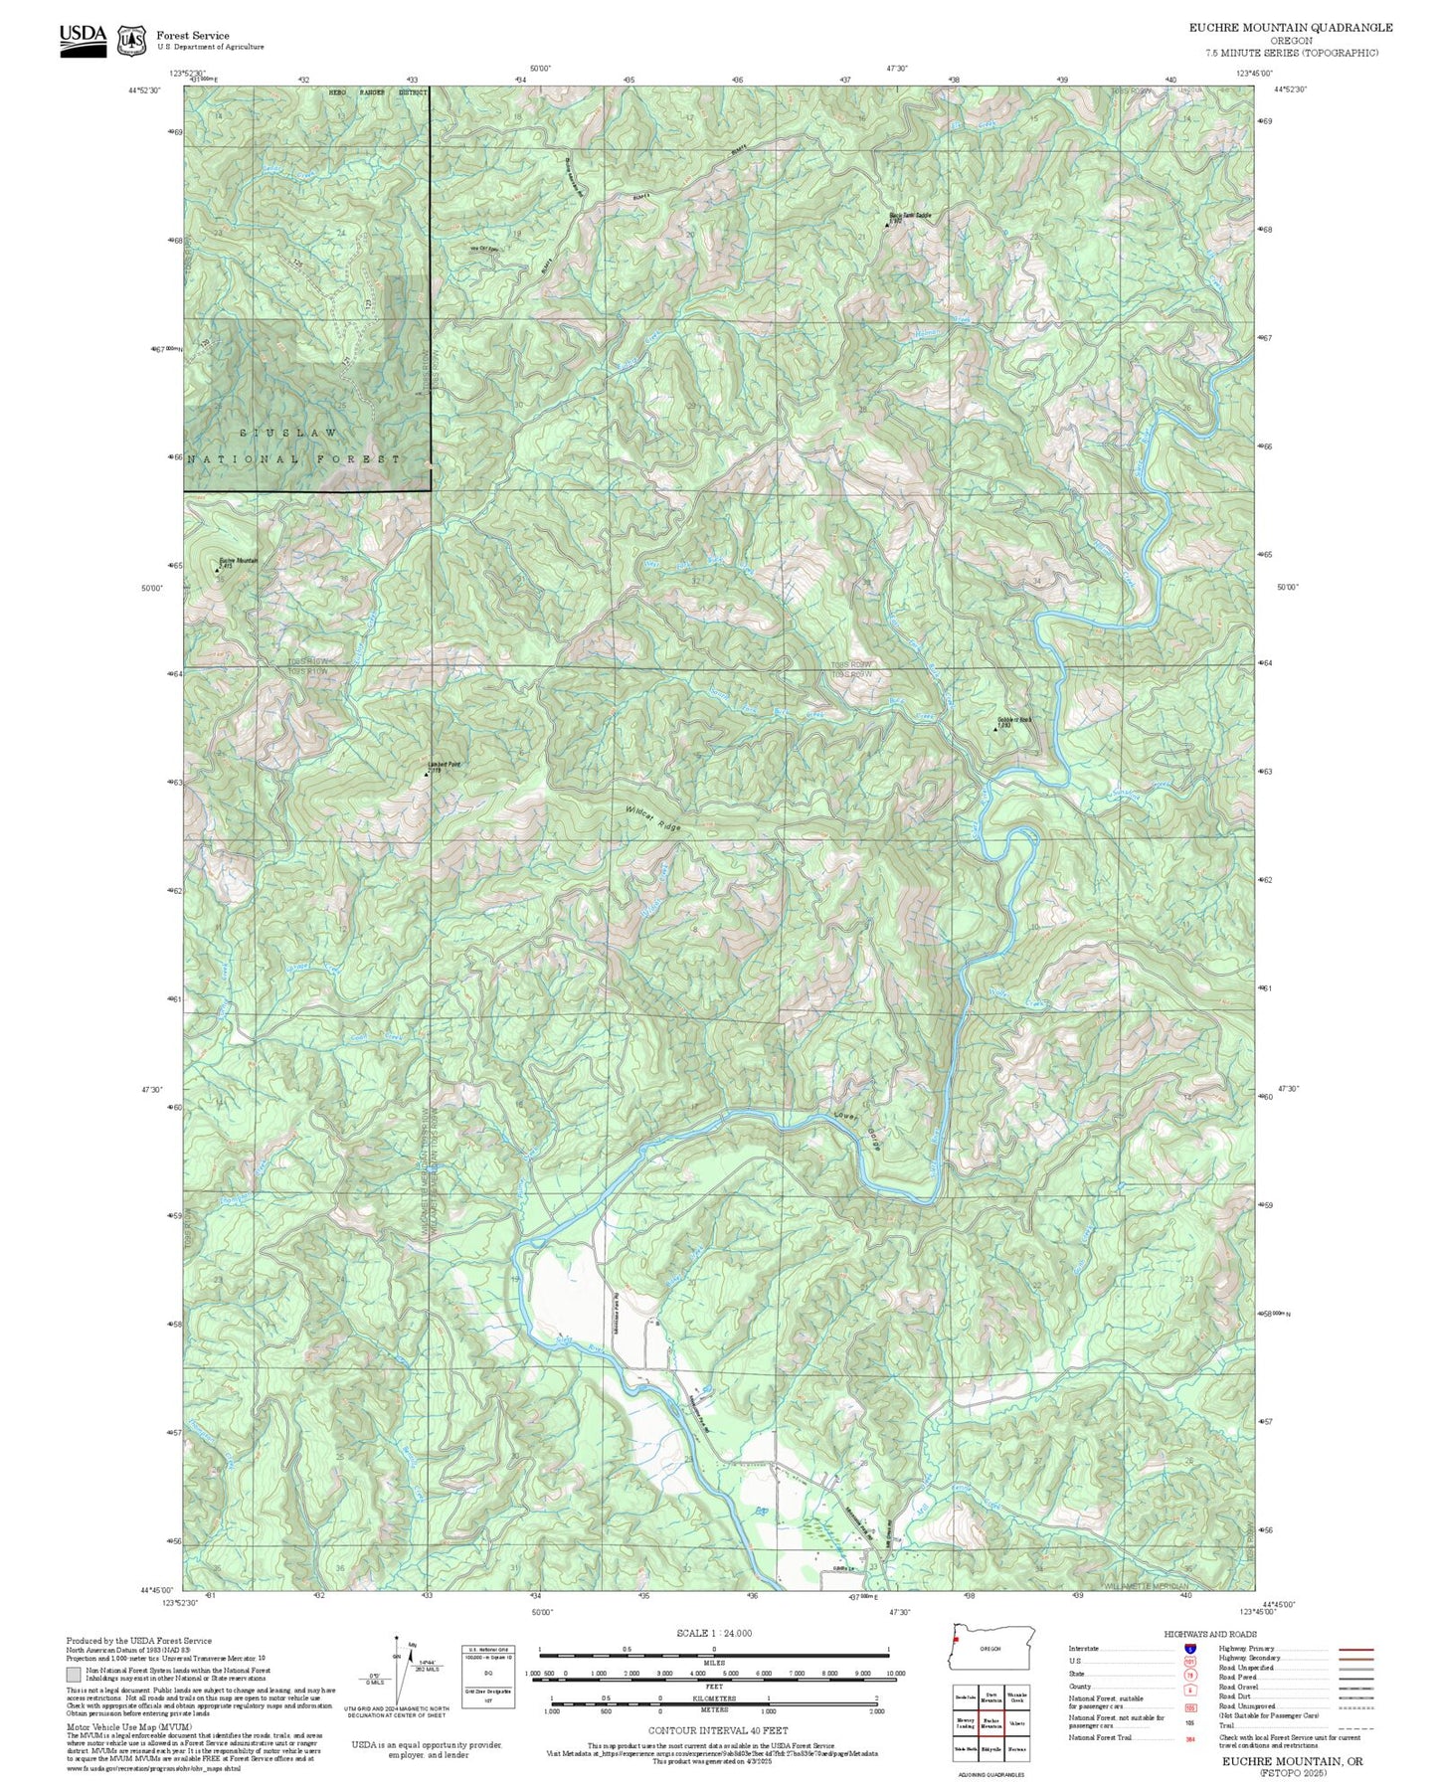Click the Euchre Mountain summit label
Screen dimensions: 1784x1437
[238, 561]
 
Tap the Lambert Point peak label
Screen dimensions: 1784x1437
[444, 765]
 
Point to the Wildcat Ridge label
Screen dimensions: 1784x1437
[652, 818]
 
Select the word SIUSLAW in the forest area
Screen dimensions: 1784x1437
[288, 434]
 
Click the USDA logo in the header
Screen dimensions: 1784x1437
[83, 40]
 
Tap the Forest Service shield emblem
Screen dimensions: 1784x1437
[130, 41]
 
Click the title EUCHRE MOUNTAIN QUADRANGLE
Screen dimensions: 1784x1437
[1290, 28]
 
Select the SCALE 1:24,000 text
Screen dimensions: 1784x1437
[713, 1633]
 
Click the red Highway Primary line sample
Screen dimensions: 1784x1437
[1356, 1649]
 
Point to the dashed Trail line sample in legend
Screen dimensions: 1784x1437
[1356, 1727]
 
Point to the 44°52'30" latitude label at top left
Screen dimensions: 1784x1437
[146, 89]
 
